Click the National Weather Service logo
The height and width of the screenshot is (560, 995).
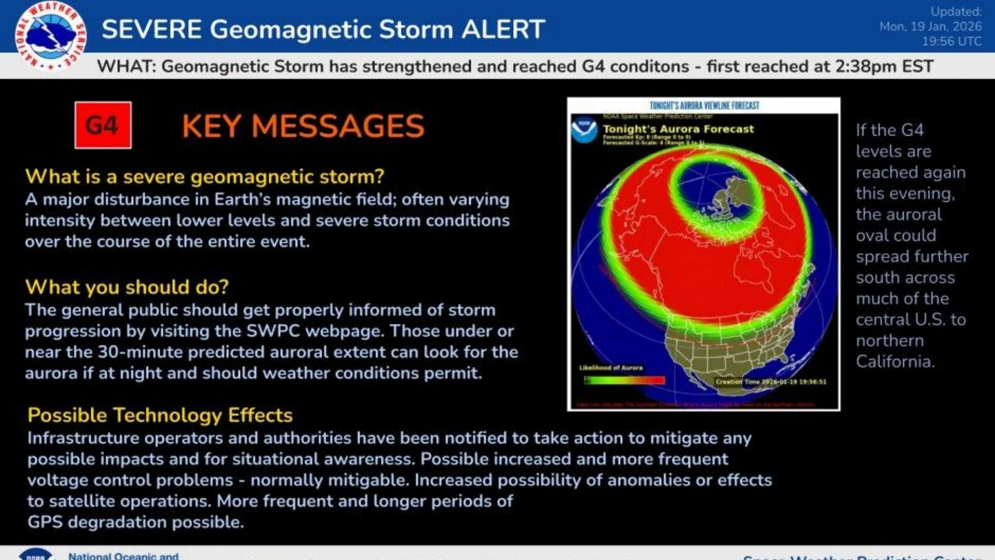point(51,35)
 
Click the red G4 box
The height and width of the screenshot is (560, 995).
point(103,125)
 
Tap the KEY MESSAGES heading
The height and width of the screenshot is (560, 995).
point(303,126)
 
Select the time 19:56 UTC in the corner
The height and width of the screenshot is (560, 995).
point(951,41)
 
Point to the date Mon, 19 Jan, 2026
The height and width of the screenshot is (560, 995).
point(930,26)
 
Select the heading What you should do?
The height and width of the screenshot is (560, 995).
point(127,287)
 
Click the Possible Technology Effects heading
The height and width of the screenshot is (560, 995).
point(160,415)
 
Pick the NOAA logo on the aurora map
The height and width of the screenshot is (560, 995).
point(584,129)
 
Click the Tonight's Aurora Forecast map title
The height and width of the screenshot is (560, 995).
point(678,129)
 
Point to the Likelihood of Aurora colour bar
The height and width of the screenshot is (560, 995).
point(624,380)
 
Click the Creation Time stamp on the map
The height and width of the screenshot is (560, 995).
point(771,381)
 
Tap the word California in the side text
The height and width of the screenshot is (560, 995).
point(895,362)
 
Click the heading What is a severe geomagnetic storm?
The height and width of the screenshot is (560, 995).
point(205,177)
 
